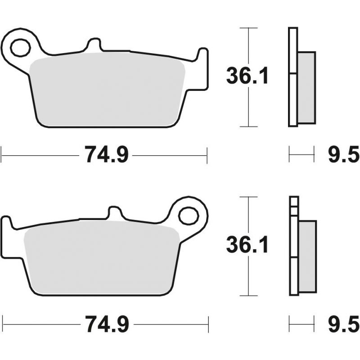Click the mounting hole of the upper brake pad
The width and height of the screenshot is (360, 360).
(x=20, y=48)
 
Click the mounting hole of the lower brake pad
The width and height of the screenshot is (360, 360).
(x=189, y=216)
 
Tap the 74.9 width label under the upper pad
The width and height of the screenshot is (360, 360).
(x=106, y=155)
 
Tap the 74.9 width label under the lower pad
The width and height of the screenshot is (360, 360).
(x=107, y=324)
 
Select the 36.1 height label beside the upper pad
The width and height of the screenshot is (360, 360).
(x=247, y=76)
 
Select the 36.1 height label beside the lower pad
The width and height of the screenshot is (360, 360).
(x=247, y=245)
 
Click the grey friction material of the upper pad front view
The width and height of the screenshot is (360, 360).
(x=108, y=90)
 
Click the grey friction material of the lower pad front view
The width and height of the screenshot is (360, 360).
(x=102, y=258)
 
